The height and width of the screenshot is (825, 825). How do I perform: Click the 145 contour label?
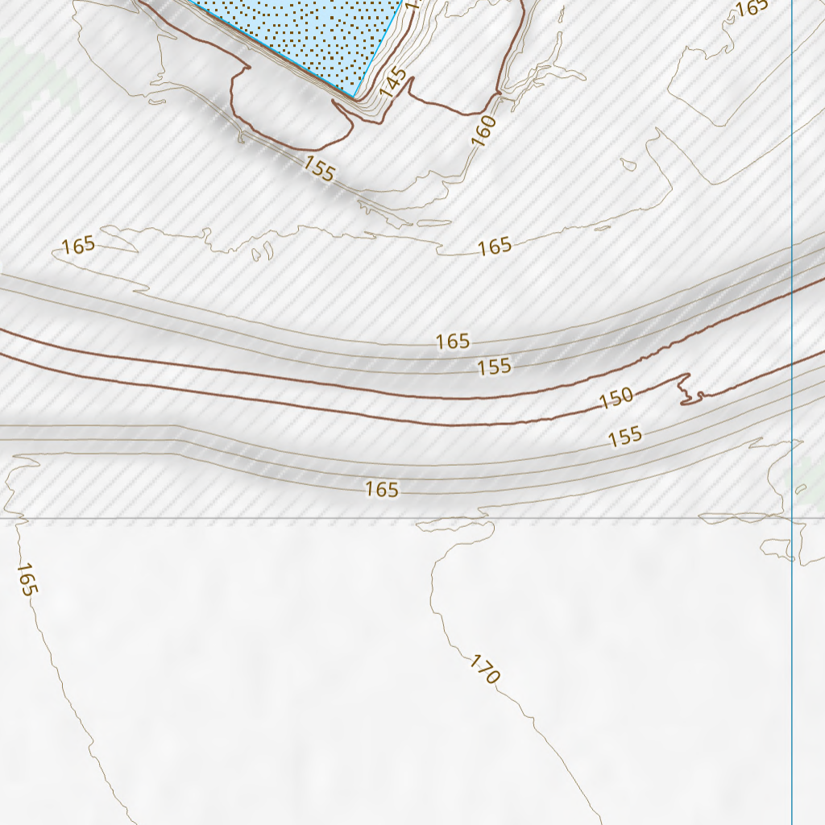392,83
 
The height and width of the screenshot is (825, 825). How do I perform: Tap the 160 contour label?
483,131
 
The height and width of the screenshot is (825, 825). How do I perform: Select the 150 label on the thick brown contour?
616,397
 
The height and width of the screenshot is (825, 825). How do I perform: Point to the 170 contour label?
485,670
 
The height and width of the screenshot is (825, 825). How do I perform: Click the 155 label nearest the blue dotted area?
319,169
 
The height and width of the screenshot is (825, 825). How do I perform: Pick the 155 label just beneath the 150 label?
625,437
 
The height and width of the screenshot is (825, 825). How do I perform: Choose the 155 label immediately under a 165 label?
494,367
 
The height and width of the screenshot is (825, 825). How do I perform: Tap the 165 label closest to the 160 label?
495,246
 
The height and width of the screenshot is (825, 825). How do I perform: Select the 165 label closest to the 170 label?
382,489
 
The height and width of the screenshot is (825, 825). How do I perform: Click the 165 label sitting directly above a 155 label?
453,342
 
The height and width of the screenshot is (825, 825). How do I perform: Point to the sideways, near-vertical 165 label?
26,579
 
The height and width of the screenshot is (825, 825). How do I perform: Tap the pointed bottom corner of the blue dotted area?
354,97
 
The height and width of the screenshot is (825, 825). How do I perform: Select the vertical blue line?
792,242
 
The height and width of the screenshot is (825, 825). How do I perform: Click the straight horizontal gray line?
242,519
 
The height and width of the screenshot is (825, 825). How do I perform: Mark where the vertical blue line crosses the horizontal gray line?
792,519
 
